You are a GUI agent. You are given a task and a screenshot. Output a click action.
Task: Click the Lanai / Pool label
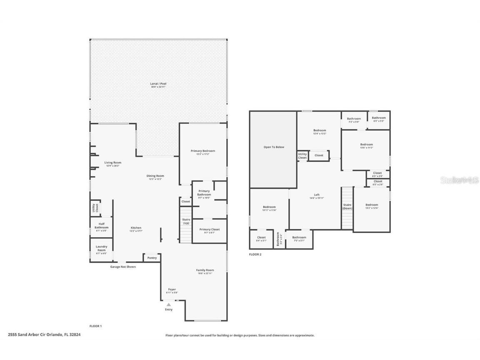pos(158,84)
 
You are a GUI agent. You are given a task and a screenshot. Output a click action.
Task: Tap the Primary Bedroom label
pos(203,151)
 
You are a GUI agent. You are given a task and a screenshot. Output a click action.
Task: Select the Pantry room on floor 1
pos(152,258)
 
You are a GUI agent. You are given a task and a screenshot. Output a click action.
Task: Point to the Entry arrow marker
pos(169,305)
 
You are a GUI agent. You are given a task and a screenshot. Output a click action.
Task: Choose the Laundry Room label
pos(101,248)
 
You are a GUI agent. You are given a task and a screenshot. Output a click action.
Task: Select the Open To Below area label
pos(273,147)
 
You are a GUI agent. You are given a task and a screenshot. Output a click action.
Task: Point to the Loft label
pos(317,195)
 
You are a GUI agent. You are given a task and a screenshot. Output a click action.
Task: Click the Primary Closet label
pos(209,230)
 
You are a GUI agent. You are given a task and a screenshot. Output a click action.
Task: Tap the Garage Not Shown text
pos(123,267)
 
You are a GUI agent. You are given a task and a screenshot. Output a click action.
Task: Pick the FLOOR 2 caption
pos(255,254)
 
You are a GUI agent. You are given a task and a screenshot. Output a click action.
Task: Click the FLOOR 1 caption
pos(95,326)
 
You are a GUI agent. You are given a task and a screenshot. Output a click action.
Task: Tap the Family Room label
pos(205,270)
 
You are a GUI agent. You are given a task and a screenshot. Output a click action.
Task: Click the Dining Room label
pos(155,176)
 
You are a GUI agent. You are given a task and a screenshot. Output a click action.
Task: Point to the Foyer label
pos(172,290)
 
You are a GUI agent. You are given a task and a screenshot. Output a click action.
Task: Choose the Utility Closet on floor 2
pos(302,156)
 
